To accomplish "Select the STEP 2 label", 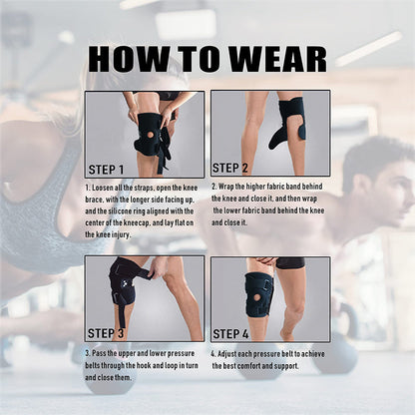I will click(x=233, y=168).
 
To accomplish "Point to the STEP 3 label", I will click(x=108, y=333).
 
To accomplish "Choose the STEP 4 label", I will click(x=233, y=333).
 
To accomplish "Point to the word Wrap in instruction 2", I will click(x=229, y=187).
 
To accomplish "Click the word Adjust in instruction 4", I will click(x=231, y=354).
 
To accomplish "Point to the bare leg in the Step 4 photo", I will click(x=290, y=299).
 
